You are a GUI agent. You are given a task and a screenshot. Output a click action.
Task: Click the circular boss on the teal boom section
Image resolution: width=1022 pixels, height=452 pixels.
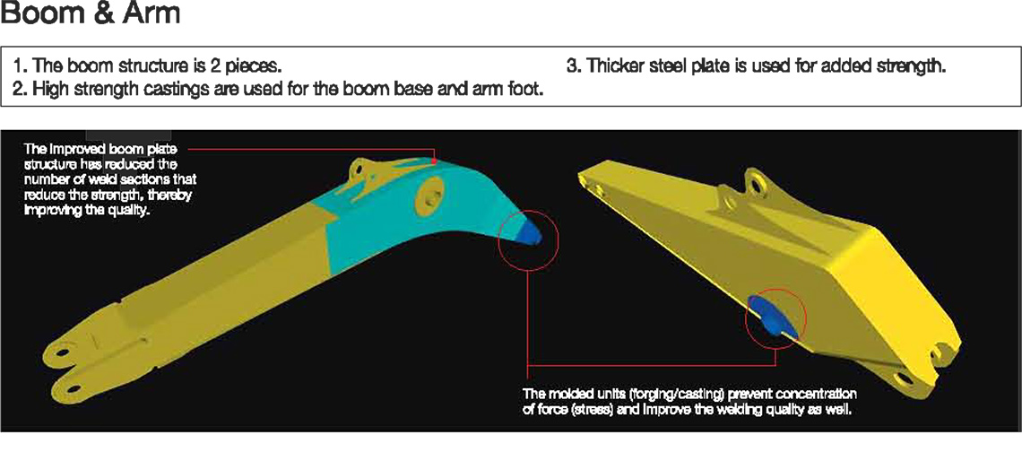click(x=429, y=193)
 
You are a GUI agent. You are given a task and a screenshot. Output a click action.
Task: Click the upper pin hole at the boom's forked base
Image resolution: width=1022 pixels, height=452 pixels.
click(x=63, y=352)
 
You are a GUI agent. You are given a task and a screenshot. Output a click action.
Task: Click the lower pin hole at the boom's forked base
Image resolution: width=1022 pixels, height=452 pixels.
click(x=74, y=388)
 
